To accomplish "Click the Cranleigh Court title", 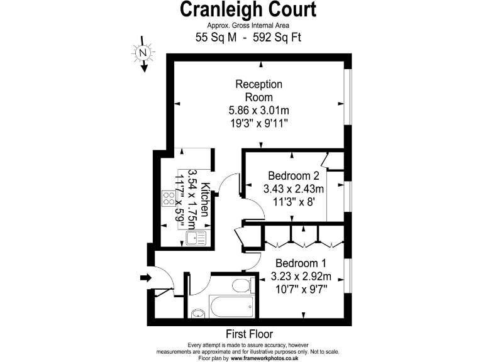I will (248, 9).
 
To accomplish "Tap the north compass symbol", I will (143, 53).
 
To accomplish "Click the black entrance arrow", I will (146, 277).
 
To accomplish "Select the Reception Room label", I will (258, 90).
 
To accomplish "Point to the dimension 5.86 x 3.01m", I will (258, 111).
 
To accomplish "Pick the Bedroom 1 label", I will (301, 263).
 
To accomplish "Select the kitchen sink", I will (195, 238).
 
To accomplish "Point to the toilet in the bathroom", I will (242, 287).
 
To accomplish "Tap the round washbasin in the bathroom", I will (197, 314).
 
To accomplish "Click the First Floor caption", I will (249, 334).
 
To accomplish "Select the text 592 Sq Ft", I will (276, 38).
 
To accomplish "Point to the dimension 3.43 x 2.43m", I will (294, 189).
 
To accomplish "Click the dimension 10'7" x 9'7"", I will (301, 289).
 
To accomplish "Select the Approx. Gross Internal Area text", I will (248, 25).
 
